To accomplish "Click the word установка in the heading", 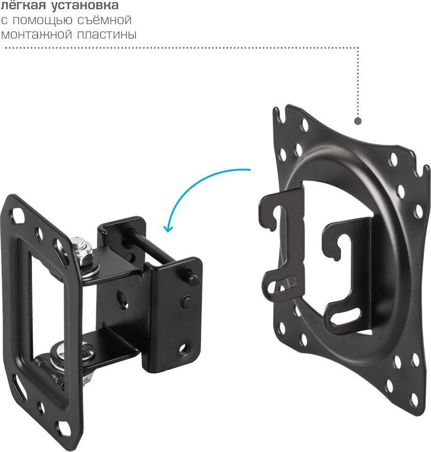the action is point(85,5).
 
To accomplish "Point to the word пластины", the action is point(107,34).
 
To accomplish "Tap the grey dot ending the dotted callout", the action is point(358,121).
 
